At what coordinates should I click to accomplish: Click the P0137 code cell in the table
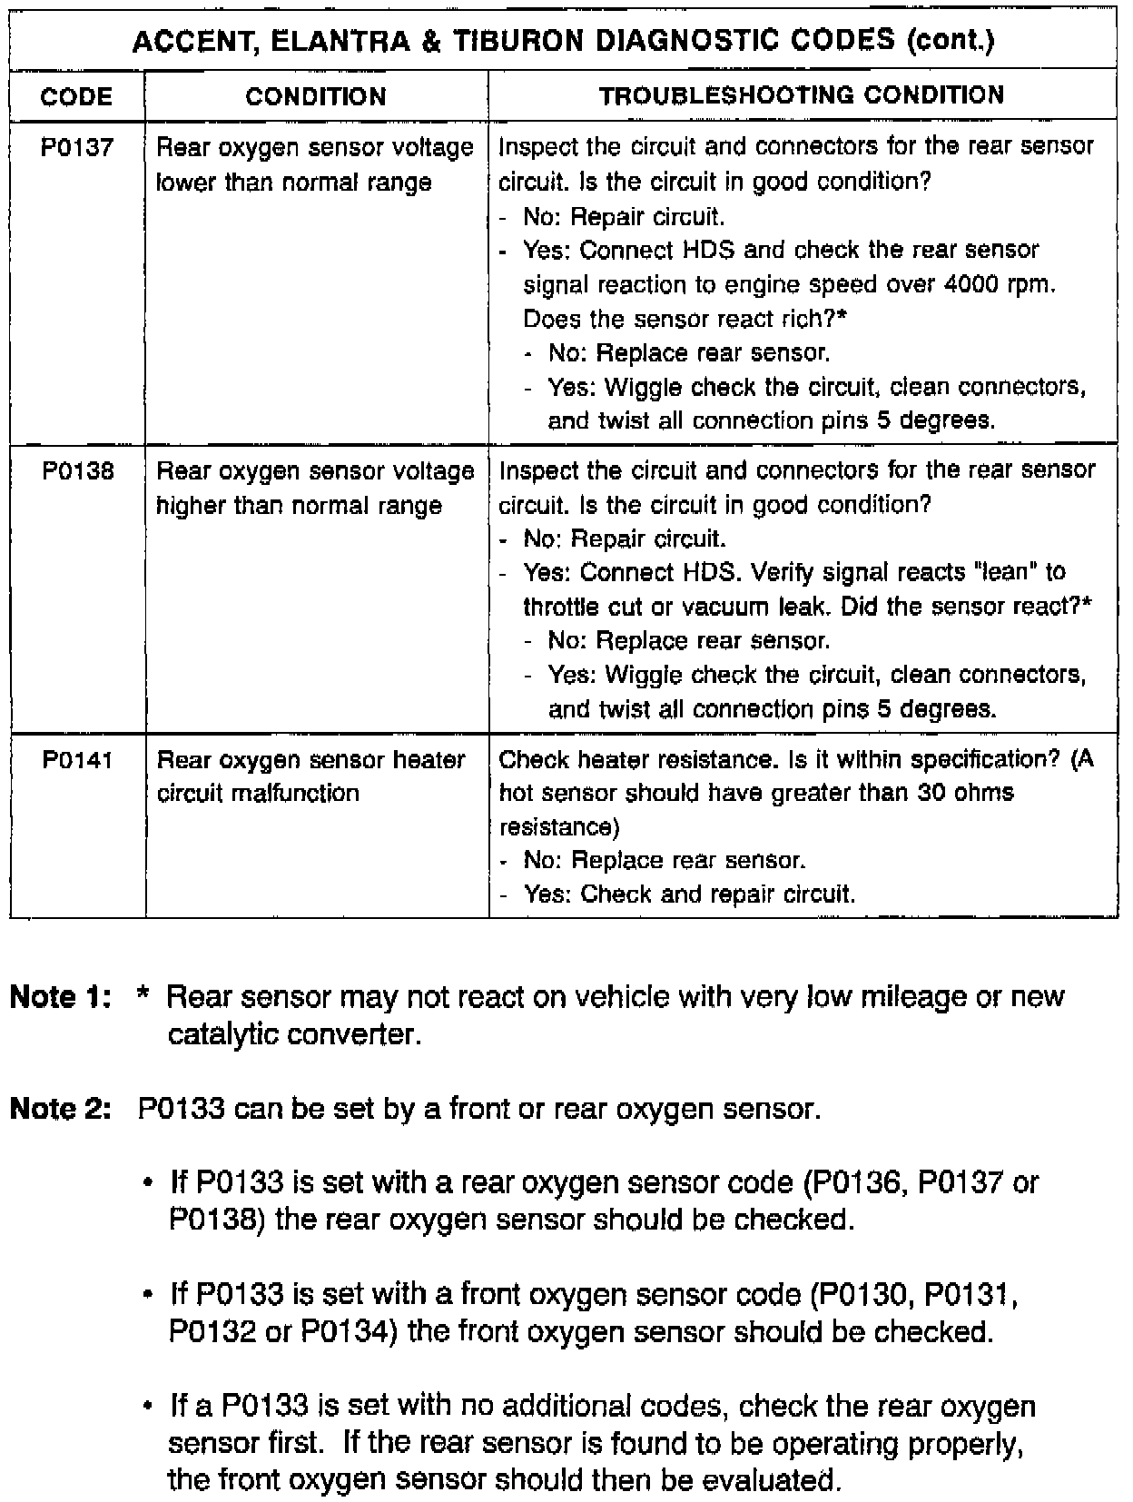[77, 147]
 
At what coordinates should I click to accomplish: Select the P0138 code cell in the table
[77, 471]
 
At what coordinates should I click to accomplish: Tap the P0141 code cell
[77, 759]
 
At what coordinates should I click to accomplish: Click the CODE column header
[77, 96]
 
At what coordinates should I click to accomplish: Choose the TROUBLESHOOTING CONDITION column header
[802, 95]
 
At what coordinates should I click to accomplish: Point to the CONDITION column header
[316, 96]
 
